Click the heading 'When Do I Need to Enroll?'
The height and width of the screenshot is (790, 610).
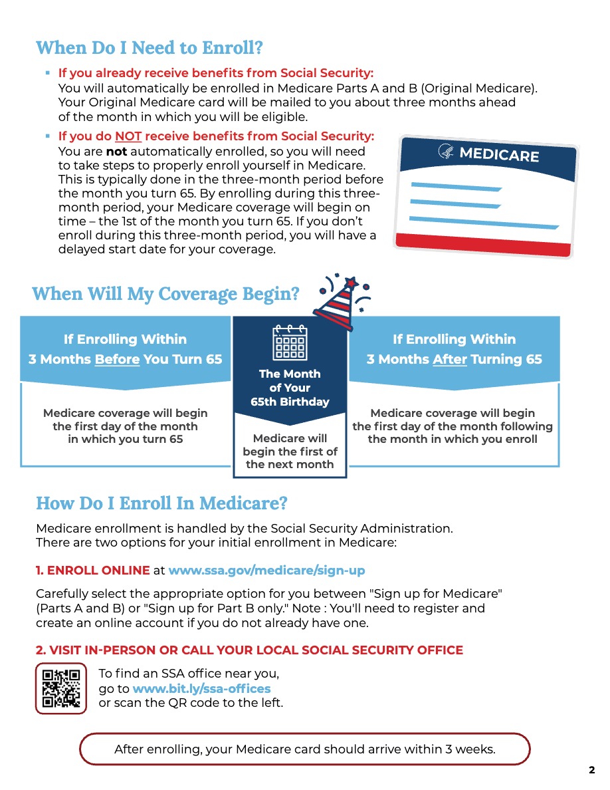(150, 48)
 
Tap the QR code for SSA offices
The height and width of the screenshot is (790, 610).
(61, 688)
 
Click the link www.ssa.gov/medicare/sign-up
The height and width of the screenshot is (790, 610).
(266, 571)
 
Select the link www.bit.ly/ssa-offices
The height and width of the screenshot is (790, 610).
(201, 688)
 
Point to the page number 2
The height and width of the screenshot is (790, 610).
(591, 771)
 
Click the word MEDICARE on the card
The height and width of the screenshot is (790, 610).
(498, 155)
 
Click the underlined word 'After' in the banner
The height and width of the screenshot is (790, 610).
(450, 359)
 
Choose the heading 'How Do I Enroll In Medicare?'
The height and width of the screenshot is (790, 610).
(161, 503)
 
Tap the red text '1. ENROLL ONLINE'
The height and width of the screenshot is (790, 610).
(92, 571)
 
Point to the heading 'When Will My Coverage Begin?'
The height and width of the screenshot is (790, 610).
(165, 293)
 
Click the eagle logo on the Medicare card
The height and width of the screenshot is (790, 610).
(447, 152)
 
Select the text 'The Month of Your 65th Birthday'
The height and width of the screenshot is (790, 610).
(290, 388)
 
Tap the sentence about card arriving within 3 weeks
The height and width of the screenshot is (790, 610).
(305, 749)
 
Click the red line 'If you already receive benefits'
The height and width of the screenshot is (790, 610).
(216, 73)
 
